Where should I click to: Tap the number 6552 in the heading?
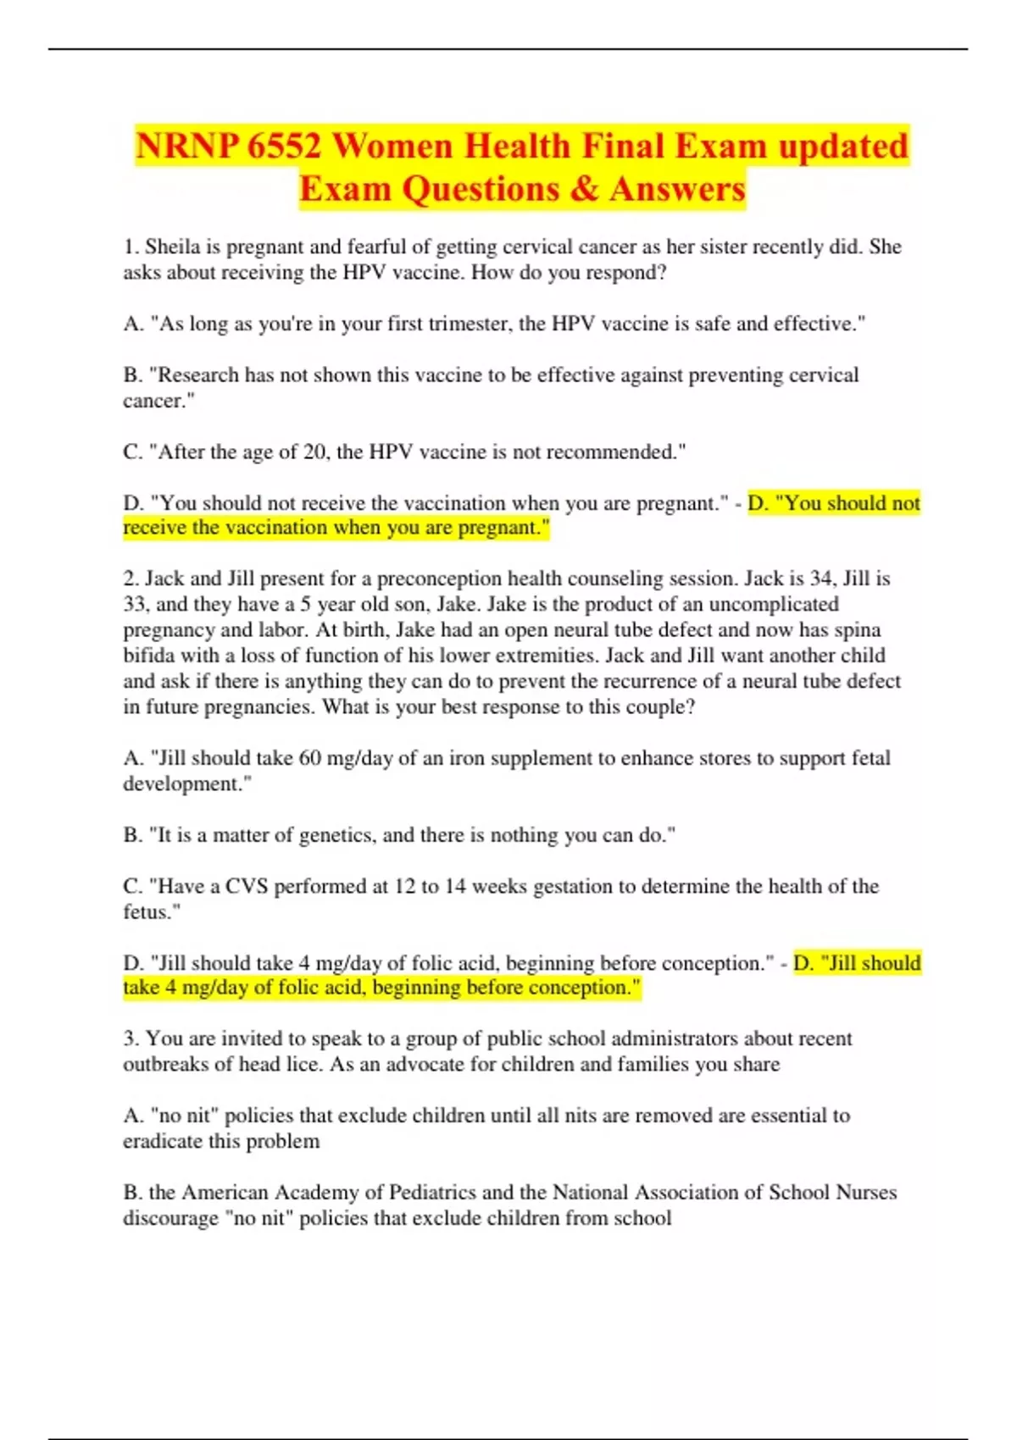286,147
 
